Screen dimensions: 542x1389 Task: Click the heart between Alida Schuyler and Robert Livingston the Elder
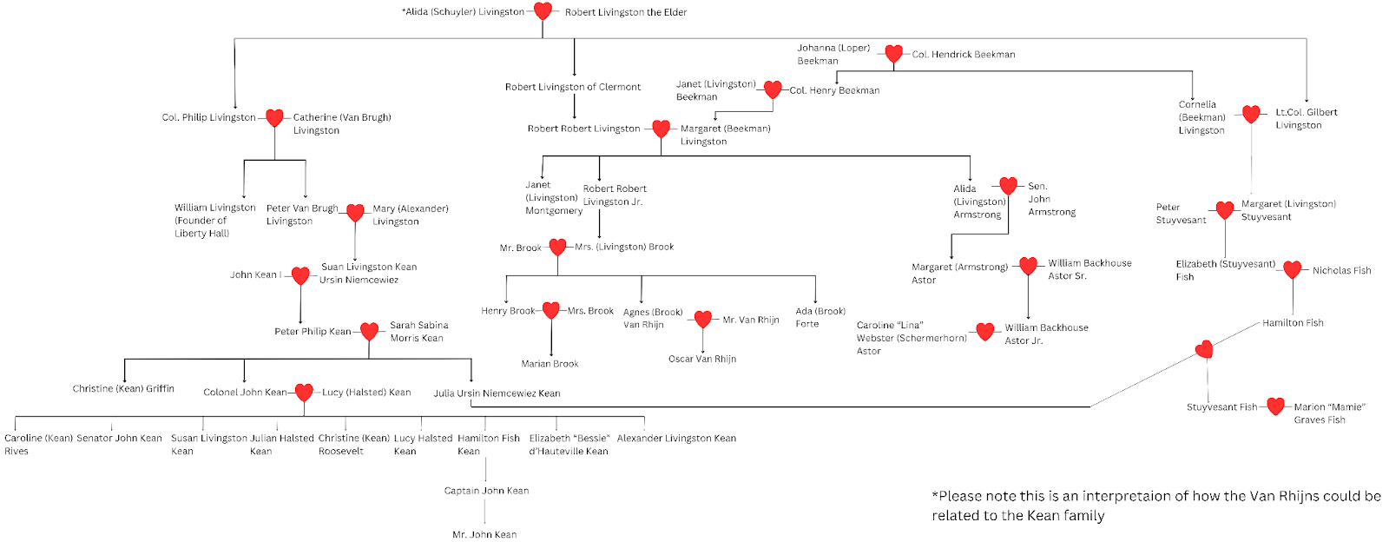543,11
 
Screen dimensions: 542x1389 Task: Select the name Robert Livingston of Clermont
573,87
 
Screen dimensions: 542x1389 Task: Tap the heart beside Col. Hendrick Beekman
893,54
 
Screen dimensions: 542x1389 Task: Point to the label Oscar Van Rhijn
702,359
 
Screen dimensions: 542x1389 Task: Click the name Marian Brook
550,364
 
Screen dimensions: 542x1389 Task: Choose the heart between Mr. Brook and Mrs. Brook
557,247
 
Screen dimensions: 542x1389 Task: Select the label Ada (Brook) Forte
820,317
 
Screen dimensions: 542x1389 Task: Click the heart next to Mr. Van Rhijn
703,320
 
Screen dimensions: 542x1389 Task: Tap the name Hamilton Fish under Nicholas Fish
1293,323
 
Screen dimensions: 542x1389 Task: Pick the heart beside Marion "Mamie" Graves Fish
1275,406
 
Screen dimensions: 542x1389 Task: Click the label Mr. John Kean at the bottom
484,534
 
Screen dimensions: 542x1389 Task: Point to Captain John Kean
486,491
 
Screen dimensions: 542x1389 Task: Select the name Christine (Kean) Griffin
123,389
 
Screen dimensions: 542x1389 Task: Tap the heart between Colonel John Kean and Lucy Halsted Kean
304,393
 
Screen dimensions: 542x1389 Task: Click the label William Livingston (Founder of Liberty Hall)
214,221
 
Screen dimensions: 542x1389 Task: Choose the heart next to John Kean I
300,275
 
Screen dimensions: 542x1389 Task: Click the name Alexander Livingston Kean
676,439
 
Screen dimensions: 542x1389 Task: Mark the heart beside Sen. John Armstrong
1008,186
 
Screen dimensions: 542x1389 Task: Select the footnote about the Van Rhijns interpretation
1155,506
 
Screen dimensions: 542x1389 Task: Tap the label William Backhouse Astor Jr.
1046,334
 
